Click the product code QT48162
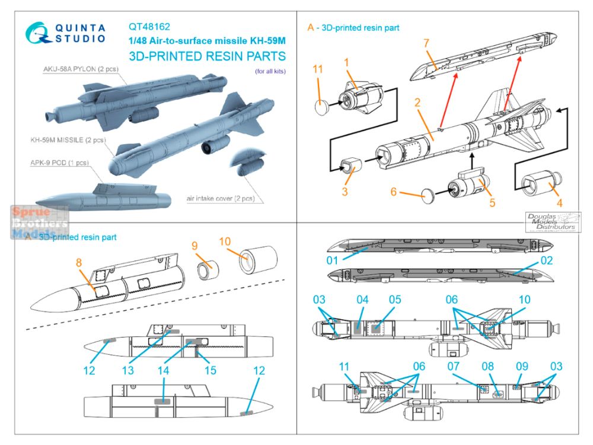pos(149,26)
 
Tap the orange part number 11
pos(318,70)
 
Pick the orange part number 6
pos(393,192)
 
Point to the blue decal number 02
pos(546,260)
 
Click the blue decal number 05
pos(395,300)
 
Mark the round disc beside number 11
pos(321,107)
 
